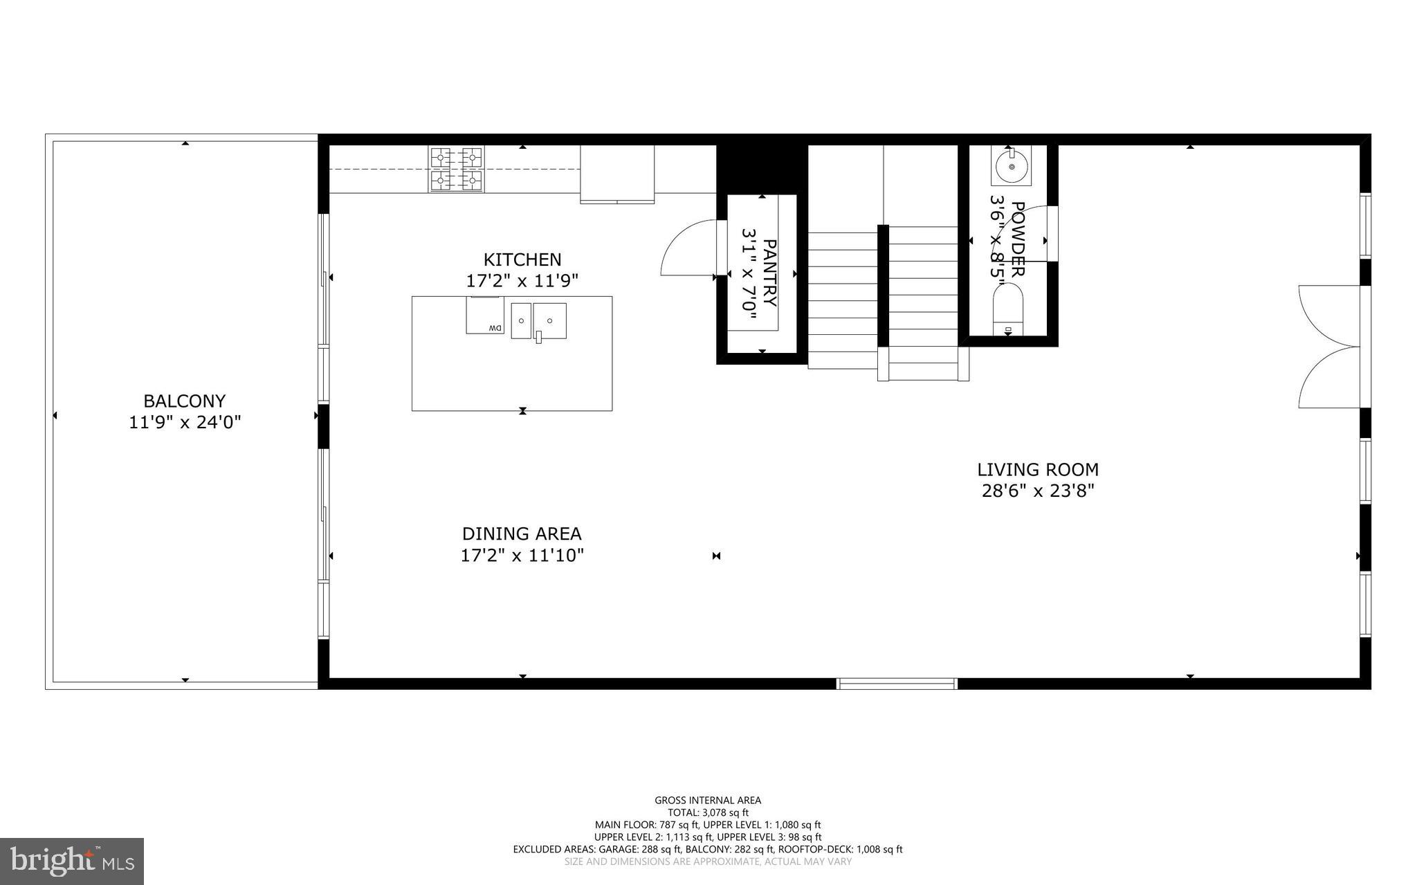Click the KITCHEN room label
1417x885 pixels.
[522, 259]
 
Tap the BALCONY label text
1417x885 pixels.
[184, 401]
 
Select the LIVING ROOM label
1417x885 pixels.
[1037, 470]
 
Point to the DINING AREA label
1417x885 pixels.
[522, 534]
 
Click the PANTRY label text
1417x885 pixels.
[769, 273]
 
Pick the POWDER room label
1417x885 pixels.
[1017, 239]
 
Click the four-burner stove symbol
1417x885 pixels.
[456, 169]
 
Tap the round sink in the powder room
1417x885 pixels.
[1011, 167]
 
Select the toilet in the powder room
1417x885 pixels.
[1008, 311]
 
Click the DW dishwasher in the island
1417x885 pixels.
[485, 316]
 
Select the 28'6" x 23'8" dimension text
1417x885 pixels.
[1037, 491]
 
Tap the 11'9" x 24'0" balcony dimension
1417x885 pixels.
[184, 423]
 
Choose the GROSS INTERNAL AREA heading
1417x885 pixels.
[708, 801]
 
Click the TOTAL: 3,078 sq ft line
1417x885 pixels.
[708, 813]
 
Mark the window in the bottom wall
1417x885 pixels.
[897, 684]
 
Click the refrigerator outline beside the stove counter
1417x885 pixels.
[617, 174]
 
